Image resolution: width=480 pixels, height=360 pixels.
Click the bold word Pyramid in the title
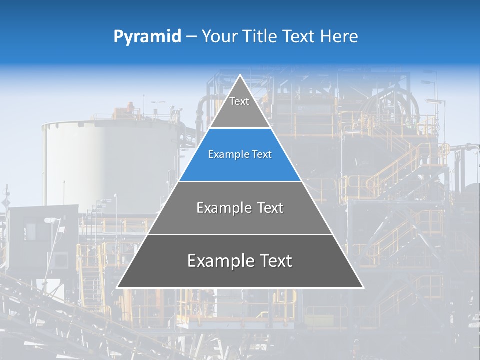pos(147,37)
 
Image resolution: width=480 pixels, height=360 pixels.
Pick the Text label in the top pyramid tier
pos(239,101)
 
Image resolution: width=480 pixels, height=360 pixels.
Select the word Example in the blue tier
pos(225,155)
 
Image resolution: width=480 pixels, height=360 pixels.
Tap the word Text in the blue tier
pos(261,155)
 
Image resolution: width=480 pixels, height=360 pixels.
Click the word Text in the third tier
pos(270,208)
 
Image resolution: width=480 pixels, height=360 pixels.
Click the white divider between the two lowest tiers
pos(240,234)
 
